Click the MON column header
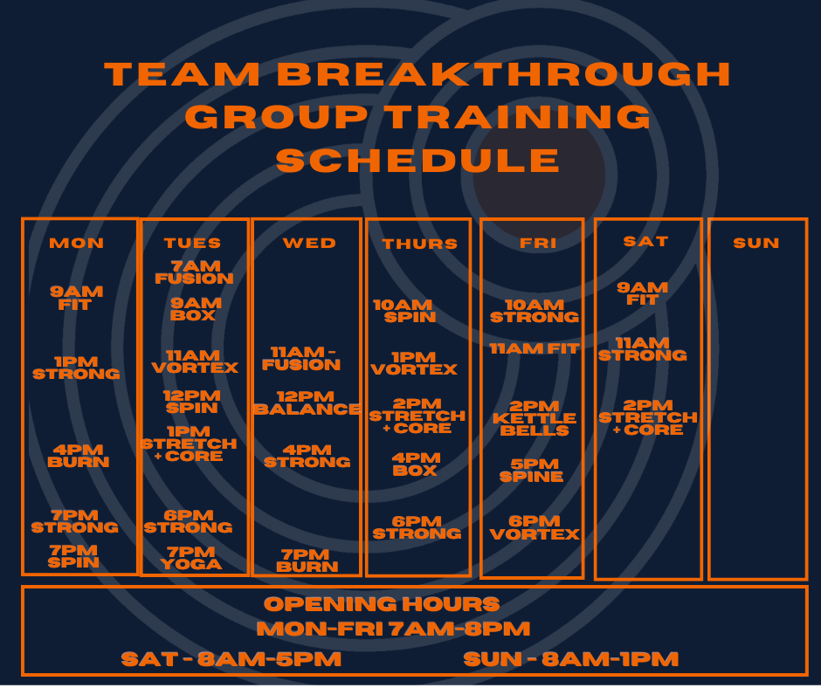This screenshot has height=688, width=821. tap(77, 244)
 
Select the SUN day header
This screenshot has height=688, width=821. tap(756, 244)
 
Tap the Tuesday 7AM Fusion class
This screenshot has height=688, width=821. tap(194, 272)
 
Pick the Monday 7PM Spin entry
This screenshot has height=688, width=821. tap(74, 556)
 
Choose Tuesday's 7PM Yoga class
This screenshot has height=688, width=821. tap(191, 558)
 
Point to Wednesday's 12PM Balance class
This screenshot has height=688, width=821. tap(307, 402)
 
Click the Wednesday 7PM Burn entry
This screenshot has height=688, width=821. tap(307, 561)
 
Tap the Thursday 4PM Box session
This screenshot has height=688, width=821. tap(415, 463)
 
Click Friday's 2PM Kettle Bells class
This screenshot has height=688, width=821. tap(535, 418)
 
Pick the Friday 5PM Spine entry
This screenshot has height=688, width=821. tap(532, 471)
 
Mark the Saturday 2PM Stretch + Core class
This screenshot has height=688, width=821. tap(648, 417)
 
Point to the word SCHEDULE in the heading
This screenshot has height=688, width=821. tap(418, 161)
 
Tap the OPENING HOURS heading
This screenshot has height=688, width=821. tap(382, 604)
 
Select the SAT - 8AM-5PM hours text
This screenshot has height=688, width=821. tap(231, 659)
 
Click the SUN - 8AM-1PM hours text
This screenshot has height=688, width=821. tap(571, 659)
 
